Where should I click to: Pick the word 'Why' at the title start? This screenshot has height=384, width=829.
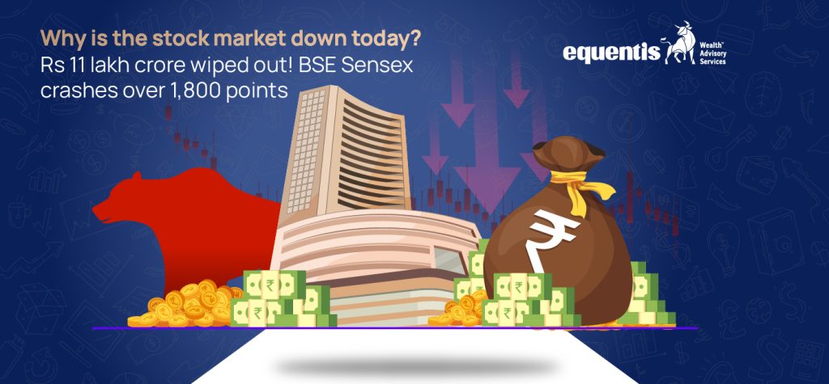(x=57, y=38)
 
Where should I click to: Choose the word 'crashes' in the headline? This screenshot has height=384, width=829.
(x=74, y=91)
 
